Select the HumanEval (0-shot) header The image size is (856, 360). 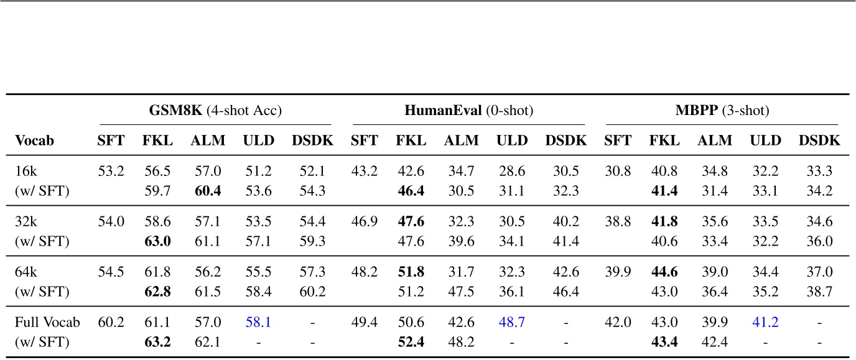click(469, 111)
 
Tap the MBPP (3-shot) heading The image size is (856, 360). click(722, 111)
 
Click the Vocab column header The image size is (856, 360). click(34, 141)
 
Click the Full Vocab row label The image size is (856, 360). click(47, 323)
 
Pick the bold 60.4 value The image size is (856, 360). click(205, 190)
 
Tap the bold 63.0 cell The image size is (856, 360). click(157, 241)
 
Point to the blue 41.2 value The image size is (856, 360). click(765, 323)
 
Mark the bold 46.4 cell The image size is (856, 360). click(411, 190)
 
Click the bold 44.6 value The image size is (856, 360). click(664, 272)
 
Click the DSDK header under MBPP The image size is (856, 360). click(819, 141)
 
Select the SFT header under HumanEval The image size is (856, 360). click(364, 141)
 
